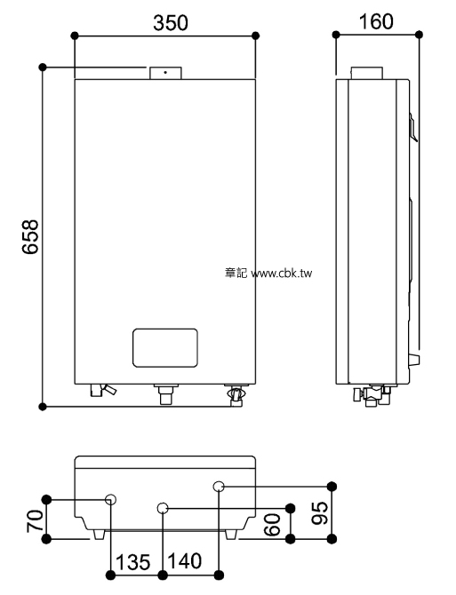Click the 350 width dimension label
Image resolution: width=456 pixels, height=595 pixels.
171,23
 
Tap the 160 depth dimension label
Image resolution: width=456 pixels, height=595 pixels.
376,21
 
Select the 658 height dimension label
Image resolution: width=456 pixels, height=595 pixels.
30,236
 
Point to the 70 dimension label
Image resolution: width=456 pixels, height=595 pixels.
35,521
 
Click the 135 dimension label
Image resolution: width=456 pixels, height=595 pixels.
133,562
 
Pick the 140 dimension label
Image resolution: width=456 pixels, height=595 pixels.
185,561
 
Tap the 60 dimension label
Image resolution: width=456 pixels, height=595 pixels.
272,525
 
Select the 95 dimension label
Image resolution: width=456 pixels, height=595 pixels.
319,513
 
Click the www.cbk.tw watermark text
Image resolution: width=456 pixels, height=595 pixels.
282,274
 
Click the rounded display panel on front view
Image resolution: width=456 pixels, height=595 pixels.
165,348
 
